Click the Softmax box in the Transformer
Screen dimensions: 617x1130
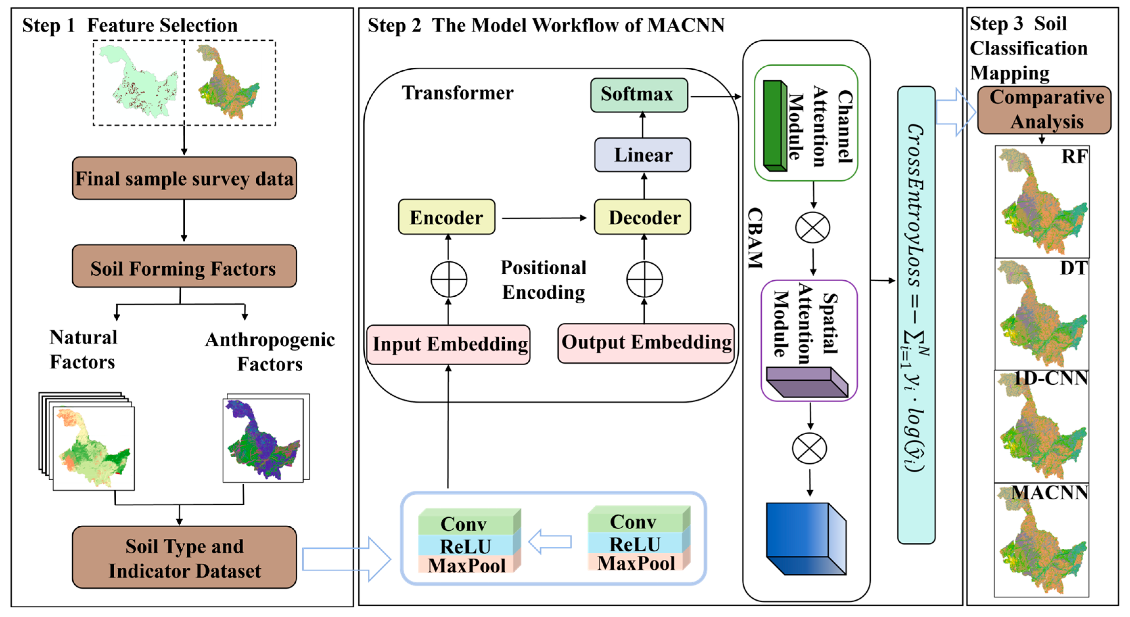(639, 95)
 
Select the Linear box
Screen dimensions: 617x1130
(643, 155)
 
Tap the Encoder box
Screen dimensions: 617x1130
(447, 217)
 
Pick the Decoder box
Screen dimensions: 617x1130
(643, 217)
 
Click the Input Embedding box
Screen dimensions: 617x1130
(448, 344)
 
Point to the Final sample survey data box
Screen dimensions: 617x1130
(184, 178)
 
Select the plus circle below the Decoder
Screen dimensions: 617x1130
(644, 279)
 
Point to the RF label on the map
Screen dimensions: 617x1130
(1074, 157)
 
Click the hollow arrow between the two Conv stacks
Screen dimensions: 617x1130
(550, 542)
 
